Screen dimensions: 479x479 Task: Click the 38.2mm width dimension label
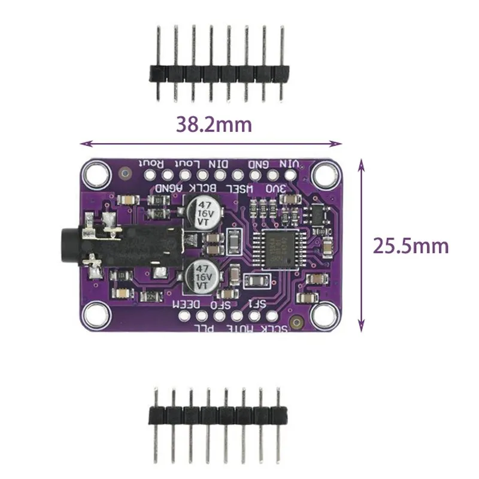click(213, 124)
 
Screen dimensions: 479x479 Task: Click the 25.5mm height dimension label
click(411, 245)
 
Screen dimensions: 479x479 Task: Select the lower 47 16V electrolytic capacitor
click(199, 277)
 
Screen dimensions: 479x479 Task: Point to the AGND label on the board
click(167, 188)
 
